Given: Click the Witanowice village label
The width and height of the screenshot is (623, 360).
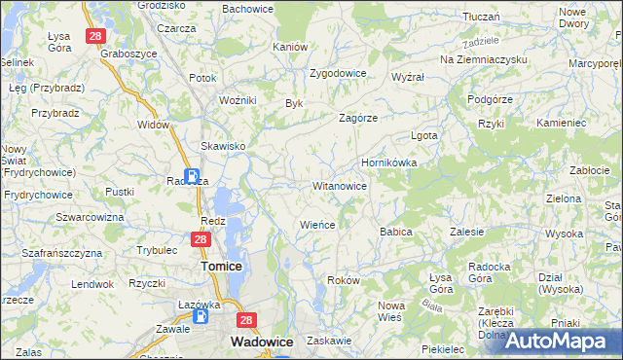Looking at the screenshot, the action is point(339,186).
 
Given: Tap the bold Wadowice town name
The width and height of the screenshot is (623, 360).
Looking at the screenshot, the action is point(257,342).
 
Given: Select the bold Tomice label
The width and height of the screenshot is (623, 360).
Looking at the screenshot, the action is point(220,266).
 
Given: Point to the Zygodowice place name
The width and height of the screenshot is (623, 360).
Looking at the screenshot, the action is point(337,73).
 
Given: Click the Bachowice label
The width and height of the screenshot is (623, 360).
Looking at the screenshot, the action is point(247,9).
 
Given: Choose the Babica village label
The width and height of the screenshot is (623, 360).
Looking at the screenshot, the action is point(396,233).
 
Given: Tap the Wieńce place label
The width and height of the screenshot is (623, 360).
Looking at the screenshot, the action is point(317,225).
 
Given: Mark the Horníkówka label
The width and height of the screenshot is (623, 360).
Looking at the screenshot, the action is point(389,162).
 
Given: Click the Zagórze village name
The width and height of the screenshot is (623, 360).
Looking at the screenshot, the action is point(357,118).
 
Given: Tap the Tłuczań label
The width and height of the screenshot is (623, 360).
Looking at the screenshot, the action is point(481,17).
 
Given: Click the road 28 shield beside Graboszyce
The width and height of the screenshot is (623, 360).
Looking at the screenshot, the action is point(94,36).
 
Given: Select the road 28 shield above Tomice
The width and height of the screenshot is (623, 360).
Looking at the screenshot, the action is point(201,239).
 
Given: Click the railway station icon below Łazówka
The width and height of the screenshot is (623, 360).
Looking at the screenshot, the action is point(201,316).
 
